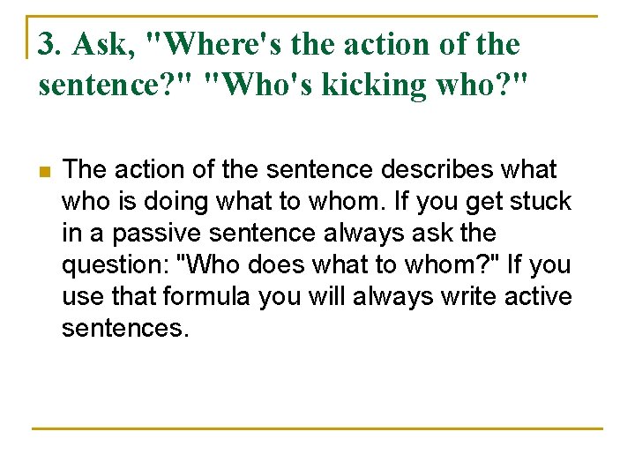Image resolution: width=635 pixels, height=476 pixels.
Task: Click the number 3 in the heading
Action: tap(47, 43)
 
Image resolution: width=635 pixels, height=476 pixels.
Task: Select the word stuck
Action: tap(542, 201)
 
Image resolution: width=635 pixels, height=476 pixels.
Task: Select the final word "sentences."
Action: tap(125, 328)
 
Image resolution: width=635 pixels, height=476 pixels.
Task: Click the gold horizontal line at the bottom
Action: tap(317, 428)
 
